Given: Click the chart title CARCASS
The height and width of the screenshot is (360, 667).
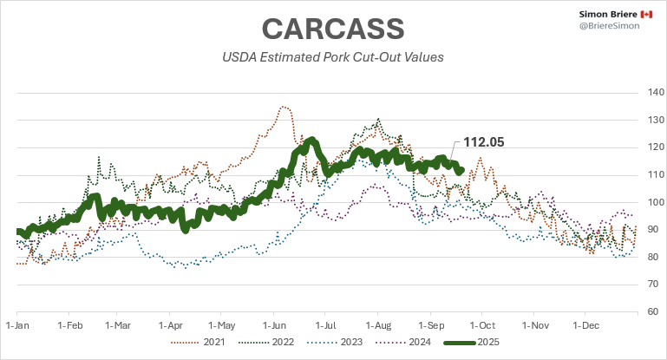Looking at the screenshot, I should (333, 28).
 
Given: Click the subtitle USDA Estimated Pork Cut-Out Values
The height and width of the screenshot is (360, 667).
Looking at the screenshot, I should (333, 58).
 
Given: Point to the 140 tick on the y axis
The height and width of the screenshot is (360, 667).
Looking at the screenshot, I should (656, 93).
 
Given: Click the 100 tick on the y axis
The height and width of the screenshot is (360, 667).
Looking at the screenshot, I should (656, 202).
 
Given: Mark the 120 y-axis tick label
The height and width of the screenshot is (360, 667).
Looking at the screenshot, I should (656, 147).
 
